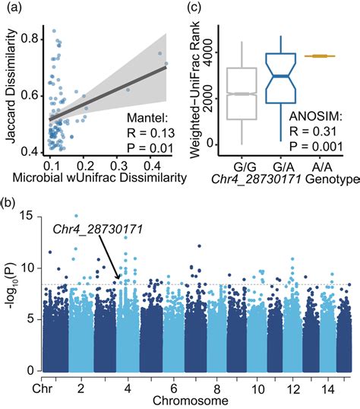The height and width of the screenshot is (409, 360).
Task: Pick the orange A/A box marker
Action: coord(320,55)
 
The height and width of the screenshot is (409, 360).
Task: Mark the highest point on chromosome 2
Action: coord(75,216)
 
